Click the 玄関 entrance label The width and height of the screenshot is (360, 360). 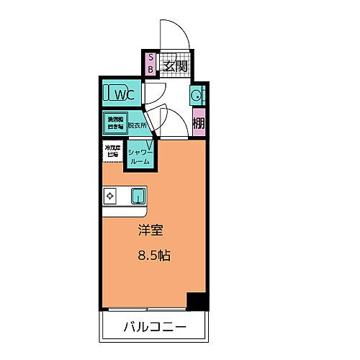click(x=175, y=66)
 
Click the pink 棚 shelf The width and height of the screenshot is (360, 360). click(x=199, y=122)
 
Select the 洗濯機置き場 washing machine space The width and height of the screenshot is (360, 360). click(x=114, y=122)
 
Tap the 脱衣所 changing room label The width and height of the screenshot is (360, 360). click(x=138, y=125)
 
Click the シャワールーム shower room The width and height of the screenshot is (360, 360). click(x=140, y=156)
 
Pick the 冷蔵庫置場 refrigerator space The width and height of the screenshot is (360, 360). click(x=112, y=152)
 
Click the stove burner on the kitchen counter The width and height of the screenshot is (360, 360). click(x=111, y=194)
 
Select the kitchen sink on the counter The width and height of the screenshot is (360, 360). click(x=138, y=194)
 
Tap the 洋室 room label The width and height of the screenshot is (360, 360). click(x=151, y=232)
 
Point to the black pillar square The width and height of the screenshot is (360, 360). click(x=196, y=301)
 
